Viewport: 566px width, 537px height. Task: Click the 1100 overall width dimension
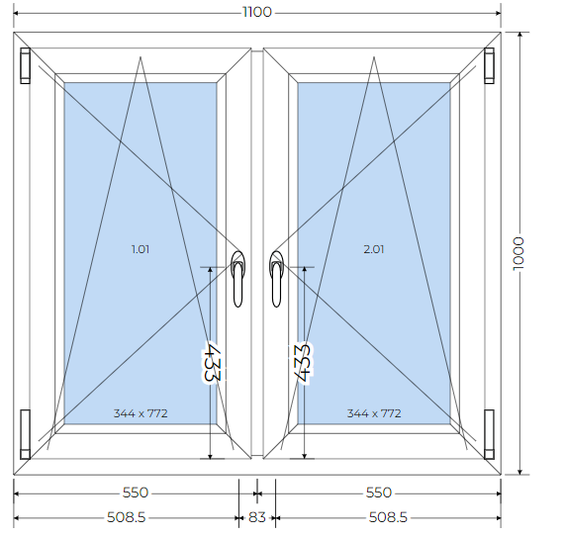pyautogui.click(x=257, y=12)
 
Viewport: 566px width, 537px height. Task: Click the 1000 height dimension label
pyautogui.click(x=519, y=253)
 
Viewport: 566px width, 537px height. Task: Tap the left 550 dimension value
pyautogui.click(x=136, y=492)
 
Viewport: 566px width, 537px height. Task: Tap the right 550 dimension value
pyautogui.click(x=379, y=492)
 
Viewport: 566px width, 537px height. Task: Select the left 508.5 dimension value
pyautogui.click(x=127, y=518)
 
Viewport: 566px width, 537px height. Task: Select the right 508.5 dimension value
pyautogui.click(x=388, y=518)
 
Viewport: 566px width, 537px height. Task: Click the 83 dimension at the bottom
pyautogui.click(x=257, y=518)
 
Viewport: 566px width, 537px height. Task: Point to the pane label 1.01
pyautogui.click(x=141, y=249)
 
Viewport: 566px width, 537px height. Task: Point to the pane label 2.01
pyautogui.click(x=374, y=249)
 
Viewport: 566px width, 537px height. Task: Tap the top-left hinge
pyautogui.click(x=26, y=65)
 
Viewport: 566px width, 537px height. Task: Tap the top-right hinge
pyautogui.click(x=489, y=65)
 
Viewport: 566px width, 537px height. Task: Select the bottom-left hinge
pyautogui.click(x=26, y=434)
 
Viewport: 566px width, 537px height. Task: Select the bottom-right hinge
pyautogui.click(x=489, y=434)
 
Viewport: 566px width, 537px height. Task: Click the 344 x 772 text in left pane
pyautogui.click(x=141, y=413)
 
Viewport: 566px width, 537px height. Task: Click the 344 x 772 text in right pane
pyautogui.click(x=374, y=413)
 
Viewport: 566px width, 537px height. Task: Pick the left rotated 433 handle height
pyautogui.click(x=212, y=362)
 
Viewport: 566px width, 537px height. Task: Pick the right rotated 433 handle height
pyautogui.click(x=302, y=363)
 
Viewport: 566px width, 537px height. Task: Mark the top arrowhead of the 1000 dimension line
pyautogui.click(x=520, y=35)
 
